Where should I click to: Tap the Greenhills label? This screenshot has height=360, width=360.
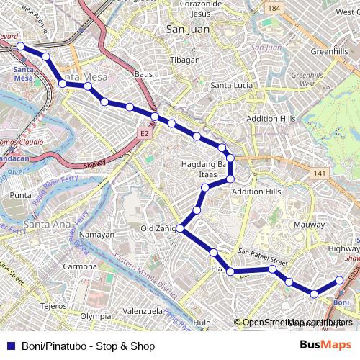[x=330, y=52]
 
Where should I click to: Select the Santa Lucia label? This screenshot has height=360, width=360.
[x=231, y=85]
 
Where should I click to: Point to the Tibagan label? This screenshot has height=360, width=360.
[x=185, y=60]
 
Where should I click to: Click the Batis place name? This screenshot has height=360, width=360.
[x=143, y=73]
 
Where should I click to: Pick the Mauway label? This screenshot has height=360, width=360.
[x=310, y=225]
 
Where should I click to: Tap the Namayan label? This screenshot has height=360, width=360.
[x=96, y=235]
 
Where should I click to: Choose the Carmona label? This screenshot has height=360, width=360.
[x=80, y=266]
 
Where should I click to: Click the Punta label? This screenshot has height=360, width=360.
[x=21, y=195]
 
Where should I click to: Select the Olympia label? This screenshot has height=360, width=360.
[x=95, y=316]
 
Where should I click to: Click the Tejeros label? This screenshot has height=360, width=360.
[x=53, y=305]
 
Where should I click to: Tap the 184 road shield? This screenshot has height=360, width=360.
[x=273, y=8]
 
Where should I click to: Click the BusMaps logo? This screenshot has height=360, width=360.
[x=325, y=346]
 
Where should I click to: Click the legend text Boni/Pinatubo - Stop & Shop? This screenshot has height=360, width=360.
[x=88, y=346]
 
